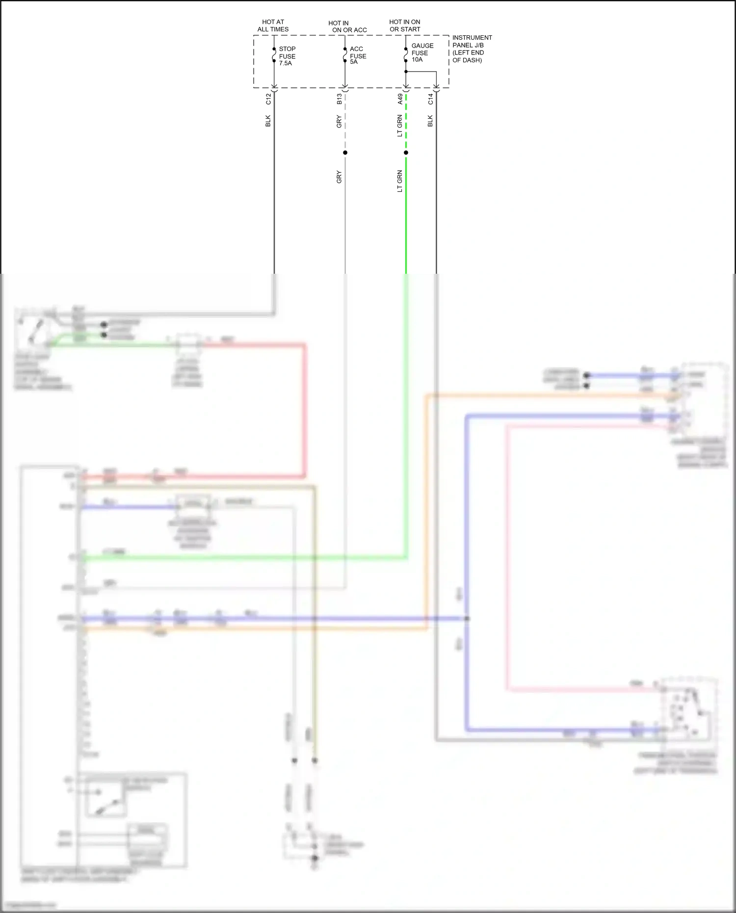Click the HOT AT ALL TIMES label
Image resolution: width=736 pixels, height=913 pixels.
(273, 26)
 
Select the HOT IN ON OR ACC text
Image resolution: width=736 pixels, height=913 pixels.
(347, 26)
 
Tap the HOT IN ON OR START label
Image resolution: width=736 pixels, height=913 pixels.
(405, 26)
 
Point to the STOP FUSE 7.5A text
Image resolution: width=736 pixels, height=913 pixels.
(287, 56)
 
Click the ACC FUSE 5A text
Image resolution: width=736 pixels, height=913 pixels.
(358, 55)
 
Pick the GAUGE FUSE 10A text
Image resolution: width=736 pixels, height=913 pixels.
(422, 52)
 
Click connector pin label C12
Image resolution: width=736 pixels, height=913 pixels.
(268, 99)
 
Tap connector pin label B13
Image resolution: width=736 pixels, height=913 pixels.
(339, 100)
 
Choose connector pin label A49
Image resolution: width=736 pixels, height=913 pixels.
(400, 99)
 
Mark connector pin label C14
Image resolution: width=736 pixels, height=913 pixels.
(430, 99)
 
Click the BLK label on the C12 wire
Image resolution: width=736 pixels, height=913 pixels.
(268, 121)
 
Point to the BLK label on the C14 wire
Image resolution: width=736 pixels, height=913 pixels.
(430, 121)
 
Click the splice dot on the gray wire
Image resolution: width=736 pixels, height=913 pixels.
(345, 153)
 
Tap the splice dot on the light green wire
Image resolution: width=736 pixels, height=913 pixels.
(406, 153)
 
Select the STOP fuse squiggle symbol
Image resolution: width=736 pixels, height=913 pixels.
(274, 55)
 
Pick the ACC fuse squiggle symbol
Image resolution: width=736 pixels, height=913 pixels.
(345, 55)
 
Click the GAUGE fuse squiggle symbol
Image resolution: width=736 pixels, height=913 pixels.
(406, 55)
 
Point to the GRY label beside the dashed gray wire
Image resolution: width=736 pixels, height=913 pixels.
(339, 122)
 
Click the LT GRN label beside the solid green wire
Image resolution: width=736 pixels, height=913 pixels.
(400, 181)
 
